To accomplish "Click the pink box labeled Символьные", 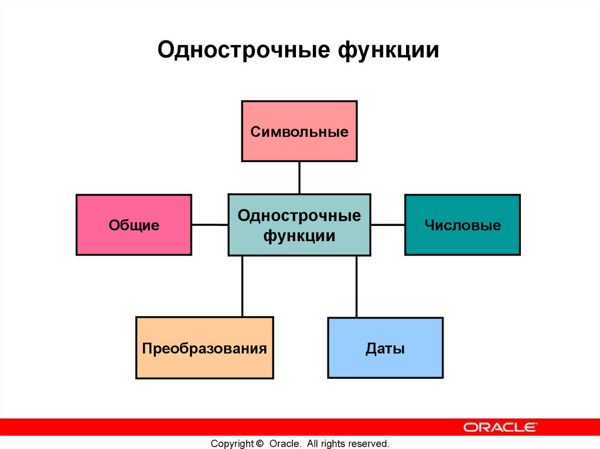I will [299, 131].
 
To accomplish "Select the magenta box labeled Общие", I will [134, 225].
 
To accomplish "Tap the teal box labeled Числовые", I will [462, 225].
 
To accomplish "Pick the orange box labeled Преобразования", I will [204, 348].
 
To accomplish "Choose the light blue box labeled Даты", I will [385, 348].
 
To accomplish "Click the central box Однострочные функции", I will [299, 225].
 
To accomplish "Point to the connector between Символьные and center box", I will [299, 177].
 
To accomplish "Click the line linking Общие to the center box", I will [209, 224].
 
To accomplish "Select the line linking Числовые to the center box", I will [387, 224].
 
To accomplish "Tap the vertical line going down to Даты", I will [356, 286].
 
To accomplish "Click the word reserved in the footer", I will [370, 443].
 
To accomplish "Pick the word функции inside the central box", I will [299, 236].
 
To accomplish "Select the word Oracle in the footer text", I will [285, 443].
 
